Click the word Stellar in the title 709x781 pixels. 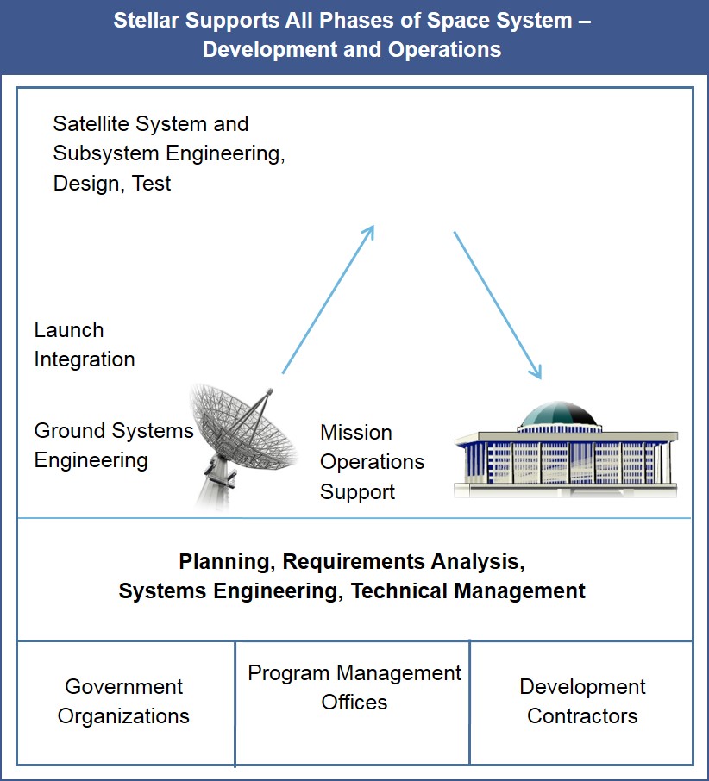(146, 21)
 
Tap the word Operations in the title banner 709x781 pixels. (444, 50)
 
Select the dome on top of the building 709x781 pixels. (559, 415)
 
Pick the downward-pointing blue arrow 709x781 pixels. (497, 305)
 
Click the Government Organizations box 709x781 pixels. (126, 703)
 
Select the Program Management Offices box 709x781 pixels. (352, 703)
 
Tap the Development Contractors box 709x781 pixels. (581, 703)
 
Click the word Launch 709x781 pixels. (69, 330)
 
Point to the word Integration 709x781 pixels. (85, 359)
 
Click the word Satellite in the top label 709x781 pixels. (91, 124)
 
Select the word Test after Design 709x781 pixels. (152, 184)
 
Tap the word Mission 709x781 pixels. (355, 433)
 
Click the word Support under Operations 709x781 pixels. (357, 492)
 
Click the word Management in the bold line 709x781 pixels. (519, 591)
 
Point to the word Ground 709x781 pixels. (66, 431)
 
